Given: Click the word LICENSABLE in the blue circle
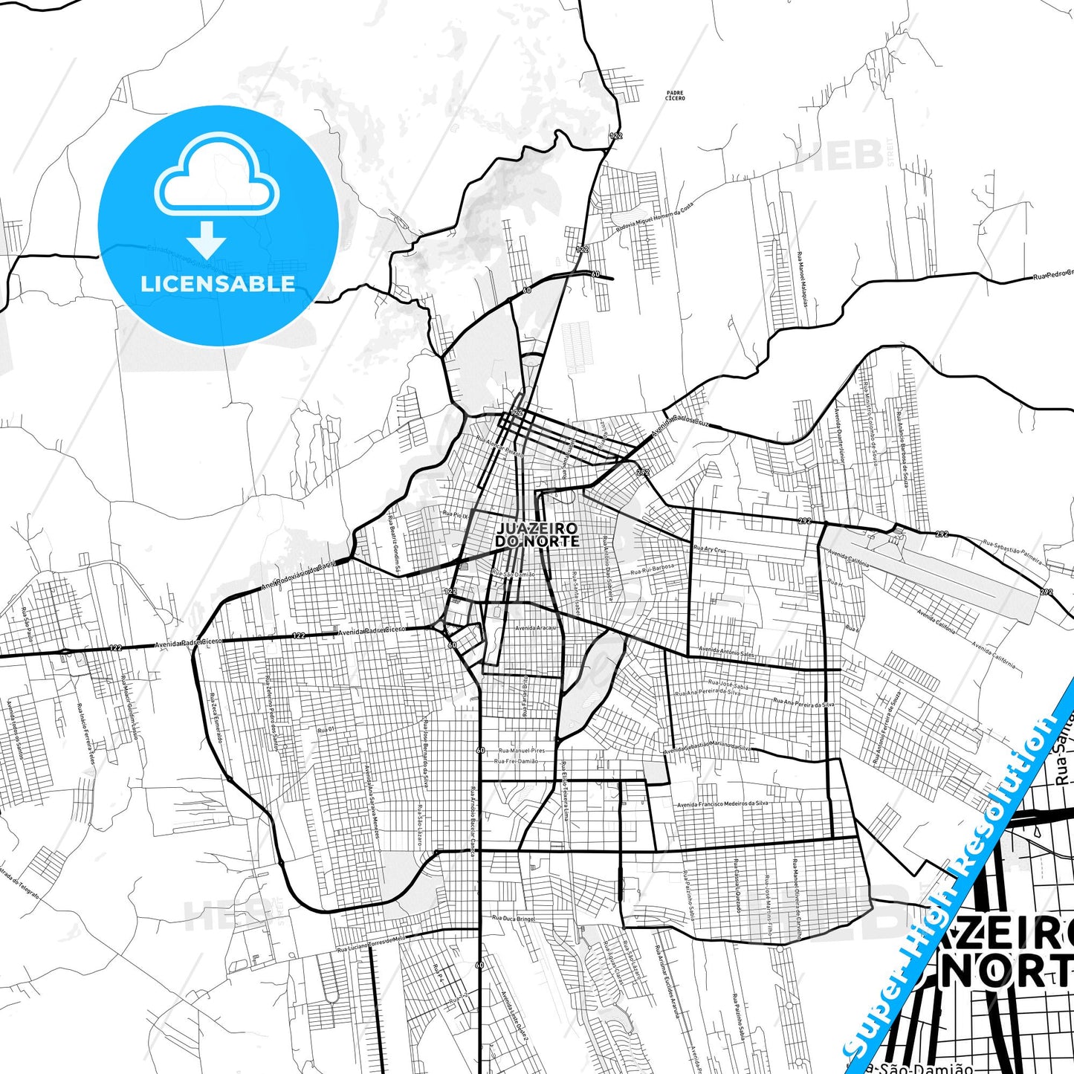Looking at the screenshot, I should pos(218,283).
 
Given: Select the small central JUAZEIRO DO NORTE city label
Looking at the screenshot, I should pos(537,534).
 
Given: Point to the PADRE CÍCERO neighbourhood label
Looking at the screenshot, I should pos(676,95).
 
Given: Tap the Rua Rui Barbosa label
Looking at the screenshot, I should pos(653,569).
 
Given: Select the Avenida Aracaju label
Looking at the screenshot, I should pos(535,628).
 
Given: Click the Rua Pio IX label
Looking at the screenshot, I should pos(455,514).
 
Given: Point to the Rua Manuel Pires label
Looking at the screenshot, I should pos(522,751).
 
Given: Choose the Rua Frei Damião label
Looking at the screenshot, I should pos(516,762).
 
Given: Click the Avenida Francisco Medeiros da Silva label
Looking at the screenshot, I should pos(722,803).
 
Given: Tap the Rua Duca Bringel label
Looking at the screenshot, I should pos(513,919).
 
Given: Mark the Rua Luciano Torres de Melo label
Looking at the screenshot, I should pos(372,944).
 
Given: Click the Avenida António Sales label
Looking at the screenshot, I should pos(726,652).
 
